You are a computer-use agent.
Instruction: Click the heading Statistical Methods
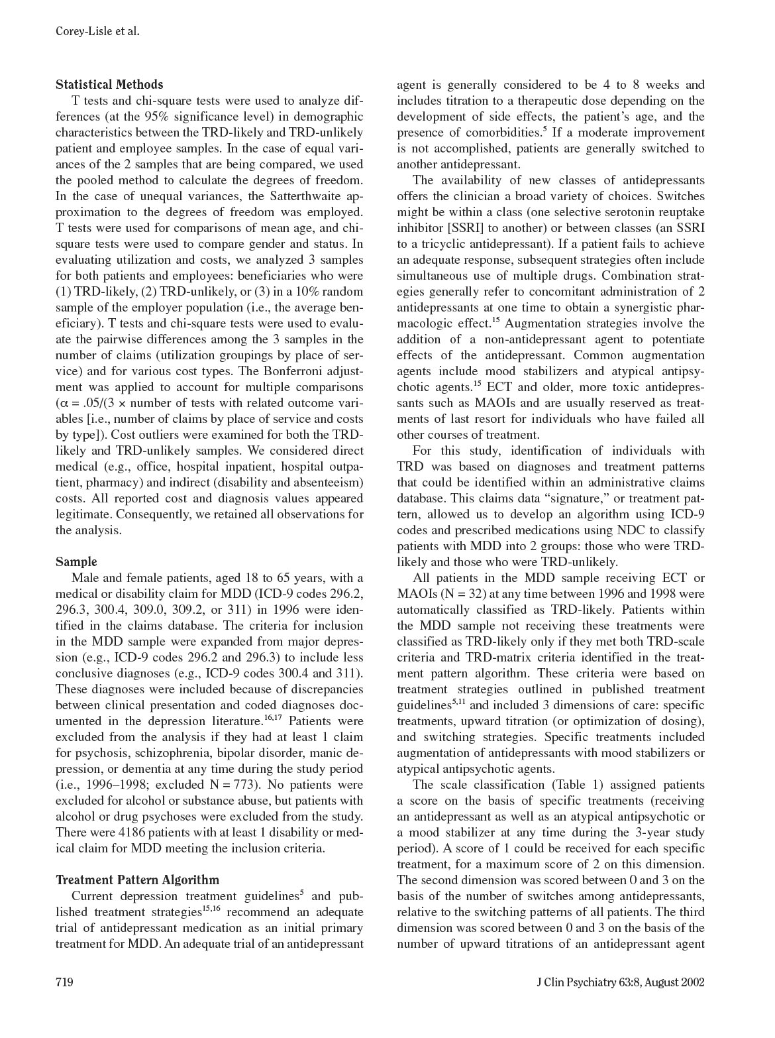click(109, 85)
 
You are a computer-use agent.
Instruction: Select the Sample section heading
click(76, 562)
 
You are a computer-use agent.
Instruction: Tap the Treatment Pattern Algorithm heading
click(137, 880)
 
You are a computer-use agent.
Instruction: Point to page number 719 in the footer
click(64, 982)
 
